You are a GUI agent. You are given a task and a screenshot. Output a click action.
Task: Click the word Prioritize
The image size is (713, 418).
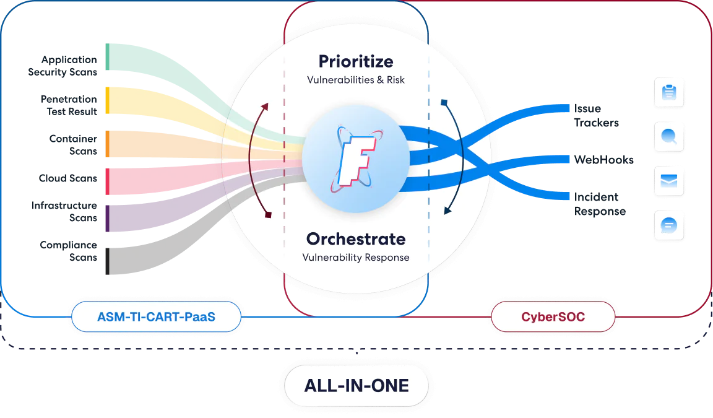click(x=355, y=61)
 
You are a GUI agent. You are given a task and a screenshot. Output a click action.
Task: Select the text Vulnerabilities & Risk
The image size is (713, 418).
click(x=355, y=81)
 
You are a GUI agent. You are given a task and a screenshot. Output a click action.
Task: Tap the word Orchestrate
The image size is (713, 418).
click(x=355, y=238)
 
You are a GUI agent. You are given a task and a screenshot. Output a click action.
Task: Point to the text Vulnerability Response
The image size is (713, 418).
click(x=355, y=257)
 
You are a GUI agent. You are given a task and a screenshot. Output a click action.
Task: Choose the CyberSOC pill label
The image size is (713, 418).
click(x=553, y=317)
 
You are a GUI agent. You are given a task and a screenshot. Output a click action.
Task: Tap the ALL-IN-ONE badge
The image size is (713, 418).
click(x=356, y=385)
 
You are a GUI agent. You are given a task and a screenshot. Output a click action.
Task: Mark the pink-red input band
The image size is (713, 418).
click(x=142, y=180)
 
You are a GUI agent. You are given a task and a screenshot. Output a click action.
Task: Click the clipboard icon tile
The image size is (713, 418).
click(x=668, y=93)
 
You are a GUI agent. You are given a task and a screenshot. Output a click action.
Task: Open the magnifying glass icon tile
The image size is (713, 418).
click(x=668, y=137)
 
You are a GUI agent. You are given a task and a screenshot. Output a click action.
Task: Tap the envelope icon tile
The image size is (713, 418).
click(x=668, y=181)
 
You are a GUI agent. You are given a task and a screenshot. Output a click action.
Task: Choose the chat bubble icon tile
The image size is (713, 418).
click(x=668, y=225)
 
